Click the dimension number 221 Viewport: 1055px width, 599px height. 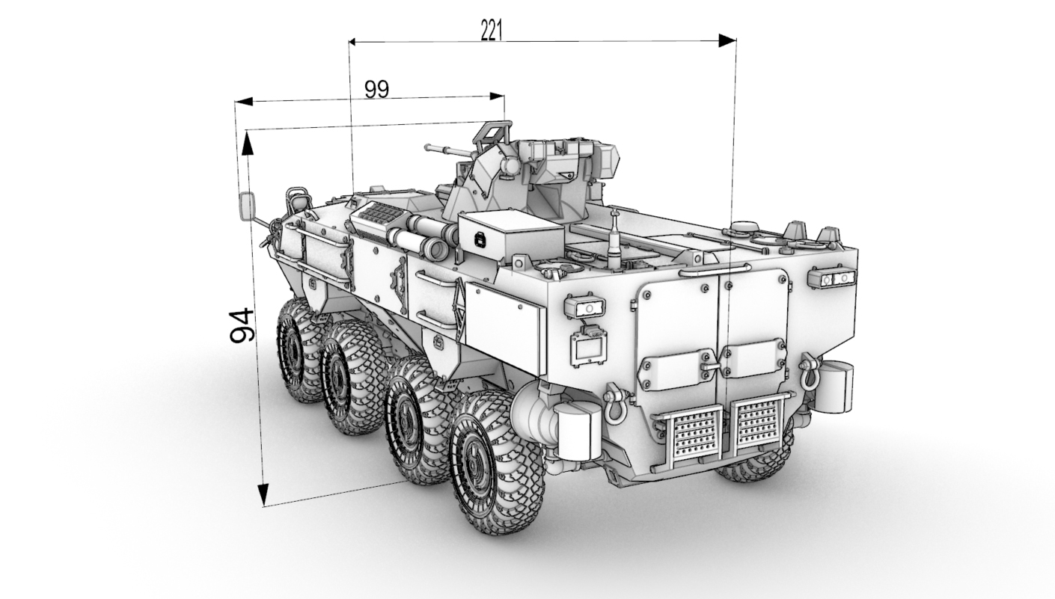492,31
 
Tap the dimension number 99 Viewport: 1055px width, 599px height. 377,90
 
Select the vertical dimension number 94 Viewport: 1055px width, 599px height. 242,325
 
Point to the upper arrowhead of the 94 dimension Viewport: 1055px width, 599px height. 247,143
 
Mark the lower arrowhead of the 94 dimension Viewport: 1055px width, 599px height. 263,494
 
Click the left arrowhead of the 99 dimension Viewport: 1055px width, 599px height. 244,101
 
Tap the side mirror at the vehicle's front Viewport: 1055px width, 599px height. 246,206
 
